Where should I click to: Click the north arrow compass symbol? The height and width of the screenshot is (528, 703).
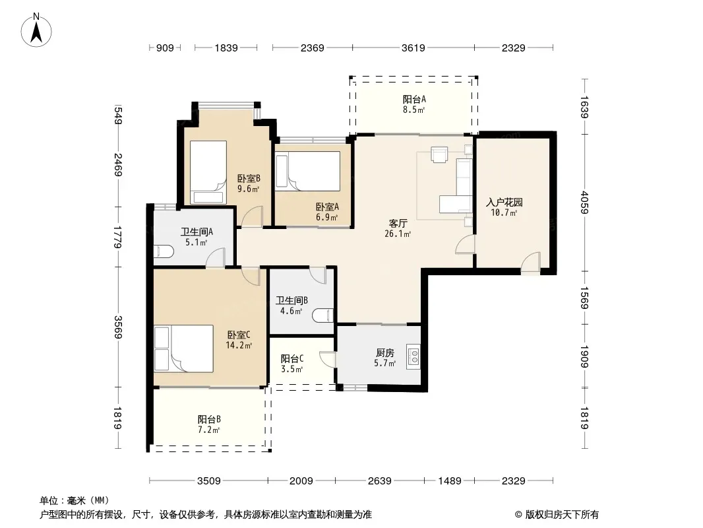tap(36, 30)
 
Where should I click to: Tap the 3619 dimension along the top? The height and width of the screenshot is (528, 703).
tap(413, 48)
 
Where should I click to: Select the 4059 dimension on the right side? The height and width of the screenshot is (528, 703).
tap(584, 203)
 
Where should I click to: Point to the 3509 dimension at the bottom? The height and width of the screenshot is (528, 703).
tap(209, 481)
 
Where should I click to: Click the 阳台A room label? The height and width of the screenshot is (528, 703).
tap(413, 99)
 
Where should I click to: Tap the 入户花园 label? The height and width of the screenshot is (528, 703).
tap(504, 203)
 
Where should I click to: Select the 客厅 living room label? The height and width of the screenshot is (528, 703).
tap(398, 223)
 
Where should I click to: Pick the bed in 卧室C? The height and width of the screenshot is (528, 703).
tap(183, 348)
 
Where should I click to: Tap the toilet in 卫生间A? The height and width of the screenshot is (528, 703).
tap(164, 251)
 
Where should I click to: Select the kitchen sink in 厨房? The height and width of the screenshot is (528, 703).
tap(413, 356)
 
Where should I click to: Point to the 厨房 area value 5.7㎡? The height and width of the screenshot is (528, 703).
tap(384, 363)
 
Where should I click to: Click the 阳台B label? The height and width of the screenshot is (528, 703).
tap(209, 420)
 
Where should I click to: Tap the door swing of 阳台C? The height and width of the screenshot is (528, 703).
tap(328, 360)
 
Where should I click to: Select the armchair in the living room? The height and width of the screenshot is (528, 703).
tap(439, 154)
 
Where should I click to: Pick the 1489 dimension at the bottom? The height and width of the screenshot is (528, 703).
tap(449, 481)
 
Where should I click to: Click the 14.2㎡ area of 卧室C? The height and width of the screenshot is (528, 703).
tap(239, 345)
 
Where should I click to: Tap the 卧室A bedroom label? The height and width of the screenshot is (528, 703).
tap(327, 207)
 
